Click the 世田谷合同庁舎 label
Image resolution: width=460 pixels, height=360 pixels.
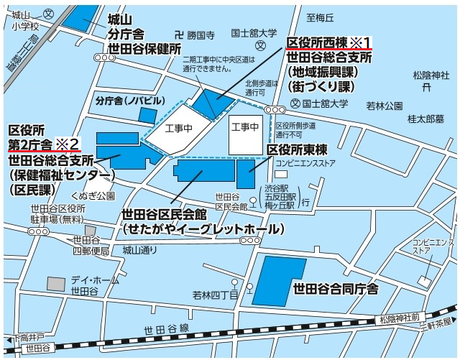coord(335,289)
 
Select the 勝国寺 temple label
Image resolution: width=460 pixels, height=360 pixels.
coord(201,34)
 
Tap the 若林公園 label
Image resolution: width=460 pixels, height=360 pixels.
coord(385,106)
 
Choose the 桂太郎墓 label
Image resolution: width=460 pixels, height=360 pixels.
coord(426,119)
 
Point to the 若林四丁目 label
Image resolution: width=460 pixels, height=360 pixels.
coord(216,295)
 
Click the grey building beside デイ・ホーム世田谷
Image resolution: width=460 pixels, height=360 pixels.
coord(55,283)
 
